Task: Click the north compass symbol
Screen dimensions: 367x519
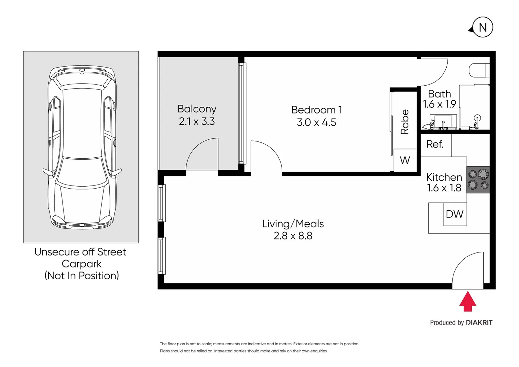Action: (482, 27)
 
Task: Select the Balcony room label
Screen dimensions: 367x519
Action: (197, 109)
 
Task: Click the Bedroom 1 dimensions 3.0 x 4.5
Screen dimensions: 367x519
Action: (316, 122)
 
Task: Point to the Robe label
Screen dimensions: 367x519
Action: (405, 122)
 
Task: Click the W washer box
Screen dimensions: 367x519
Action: (405, 160)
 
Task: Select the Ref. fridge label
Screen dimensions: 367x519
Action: (435, 144)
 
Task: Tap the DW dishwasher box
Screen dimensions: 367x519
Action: (455, 214)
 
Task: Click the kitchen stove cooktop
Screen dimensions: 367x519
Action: (478, 180)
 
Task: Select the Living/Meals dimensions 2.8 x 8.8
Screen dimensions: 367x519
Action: (293, 236)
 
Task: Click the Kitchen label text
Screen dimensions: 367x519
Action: (444, 177)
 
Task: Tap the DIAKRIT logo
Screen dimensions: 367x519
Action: (479, 322)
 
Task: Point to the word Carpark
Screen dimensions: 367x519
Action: (82, 264)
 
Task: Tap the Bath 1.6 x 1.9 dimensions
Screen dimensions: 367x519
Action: (439, 104)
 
